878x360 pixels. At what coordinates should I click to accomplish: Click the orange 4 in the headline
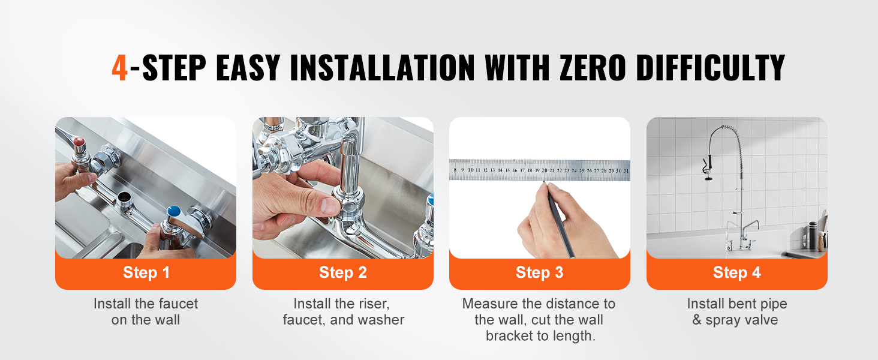pos(119,67)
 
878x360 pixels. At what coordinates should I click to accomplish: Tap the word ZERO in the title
pos(593,67)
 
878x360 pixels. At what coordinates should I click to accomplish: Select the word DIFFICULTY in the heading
pos(711,67)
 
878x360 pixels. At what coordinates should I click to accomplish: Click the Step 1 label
pos(146,272)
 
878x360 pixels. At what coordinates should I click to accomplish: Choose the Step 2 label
pos(343,272)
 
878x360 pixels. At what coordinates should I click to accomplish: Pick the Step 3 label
pos(539,272)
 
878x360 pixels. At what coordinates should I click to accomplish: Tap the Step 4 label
pos(737,272)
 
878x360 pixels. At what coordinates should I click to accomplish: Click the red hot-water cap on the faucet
pos(79,142)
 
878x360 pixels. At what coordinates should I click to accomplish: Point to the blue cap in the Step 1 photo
pos(174,211)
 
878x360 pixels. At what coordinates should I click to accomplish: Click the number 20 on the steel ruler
pos(545,170)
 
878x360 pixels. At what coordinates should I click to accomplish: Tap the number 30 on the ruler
pos(618,170)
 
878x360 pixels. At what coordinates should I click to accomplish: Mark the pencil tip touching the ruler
pos(544,182)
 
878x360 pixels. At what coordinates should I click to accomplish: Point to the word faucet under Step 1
pos(176,304)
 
